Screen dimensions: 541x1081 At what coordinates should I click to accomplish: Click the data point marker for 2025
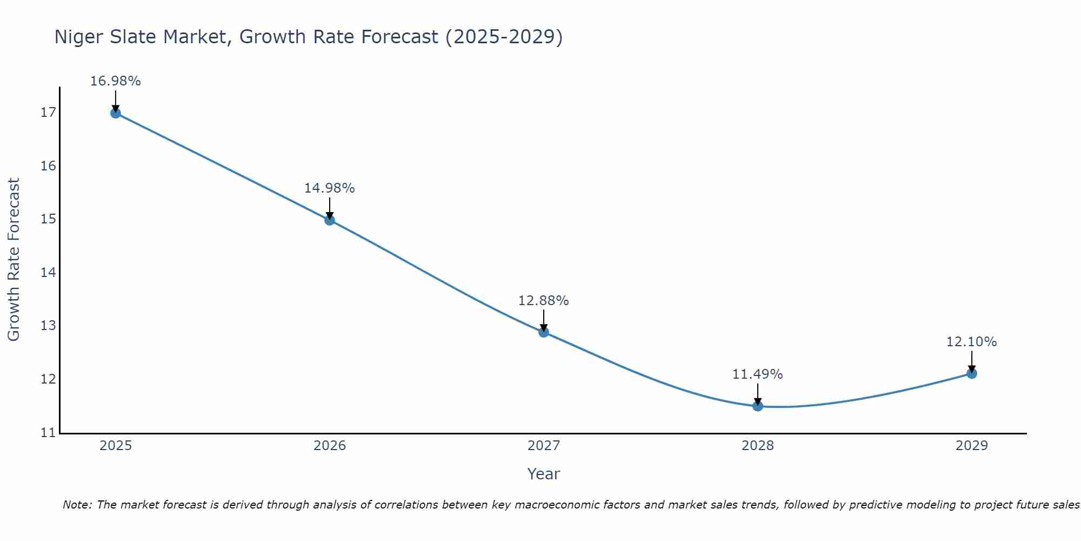click(x=115, y=113)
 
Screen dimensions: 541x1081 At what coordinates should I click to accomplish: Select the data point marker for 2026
click(x=330, y=220)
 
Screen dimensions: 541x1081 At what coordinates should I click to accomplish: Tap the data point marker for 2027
click(x=544, y=332)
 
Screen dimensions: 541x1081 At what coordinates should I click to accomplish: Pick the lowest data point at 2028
click(x=758, y=406)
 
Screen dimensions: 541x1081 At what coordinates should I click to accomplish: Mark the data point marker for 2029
click(x=972, y=373)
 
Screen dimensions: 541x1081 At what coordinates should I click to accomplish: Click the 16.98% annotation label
click(x=115, y=81)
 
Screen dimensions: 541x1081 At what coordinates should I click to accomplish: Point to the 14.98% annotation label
click(x=330, y=188)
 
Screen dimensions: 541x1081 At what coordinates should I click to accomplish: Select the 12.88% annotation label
click(x=544, y=301)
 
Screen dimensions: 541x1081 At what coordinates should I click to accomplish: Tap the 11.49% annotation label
click(x=758, y=374)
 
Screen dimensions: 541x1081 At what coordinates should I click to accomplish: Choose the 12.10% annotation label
click(x=972, y=342)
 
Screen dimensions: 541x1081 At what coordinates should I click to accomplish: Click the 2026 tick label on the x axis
click(x=330, y=446)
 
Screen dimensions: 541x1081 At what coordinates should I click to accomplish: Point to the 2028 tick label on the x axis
click(x=758, y=446)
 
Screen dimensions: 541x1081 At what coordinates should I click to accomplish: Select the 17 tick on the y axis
click(x=48, y=113)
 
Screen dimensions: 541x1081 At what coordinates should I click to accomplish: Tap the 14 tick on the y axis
click(x=48, y=273)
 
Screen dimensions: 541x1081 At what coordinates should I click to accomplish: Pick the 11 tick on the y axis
click(x=48, y=433)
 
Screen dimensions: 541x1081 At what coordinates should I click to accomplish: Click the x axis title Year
click(x=544, y=474)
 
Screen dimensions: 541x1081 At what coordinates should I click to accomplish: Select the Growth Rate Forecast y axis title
click(x=14, y=260)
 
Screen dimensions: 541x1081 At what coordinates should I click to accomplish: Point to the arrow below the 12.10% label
click(x=972, y=361)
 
